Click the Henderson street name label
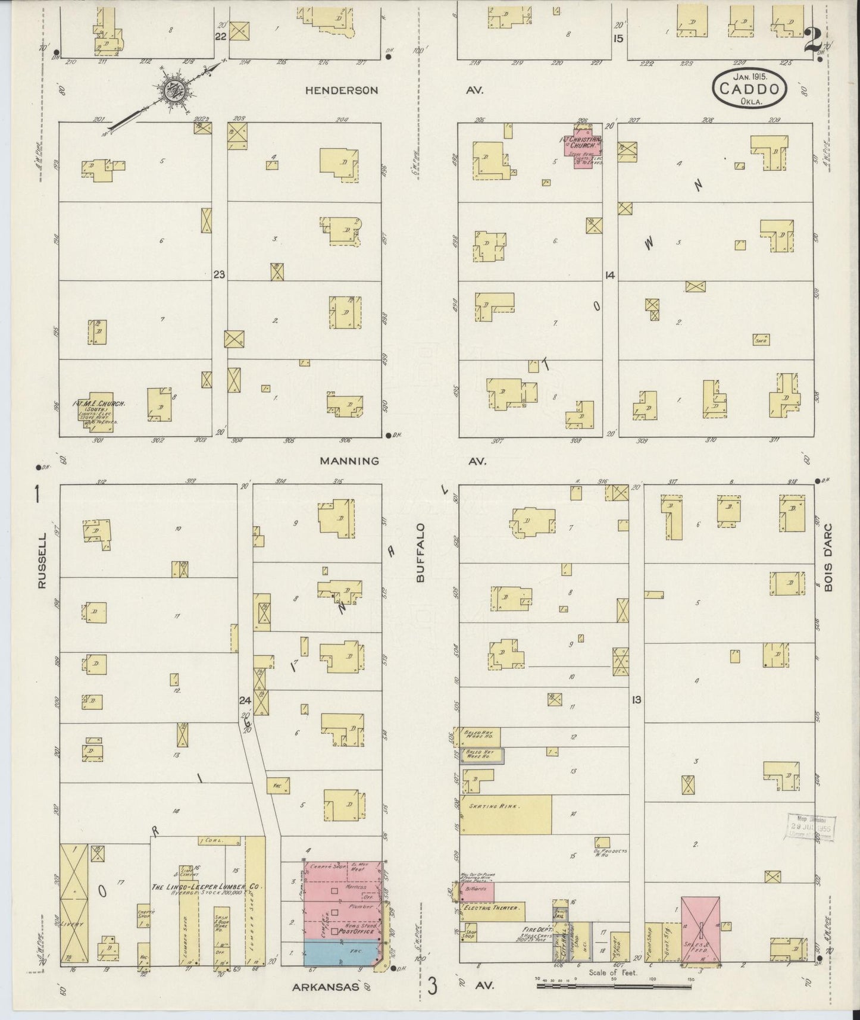coord(342,90)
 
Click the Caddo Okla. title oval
coord(749,89)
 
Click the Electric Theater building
coord(493,909)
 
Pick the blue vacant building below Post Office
coord(340,952)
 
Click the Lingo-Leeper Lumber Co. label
coord(205,887)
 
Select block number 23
coord(219,274)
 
